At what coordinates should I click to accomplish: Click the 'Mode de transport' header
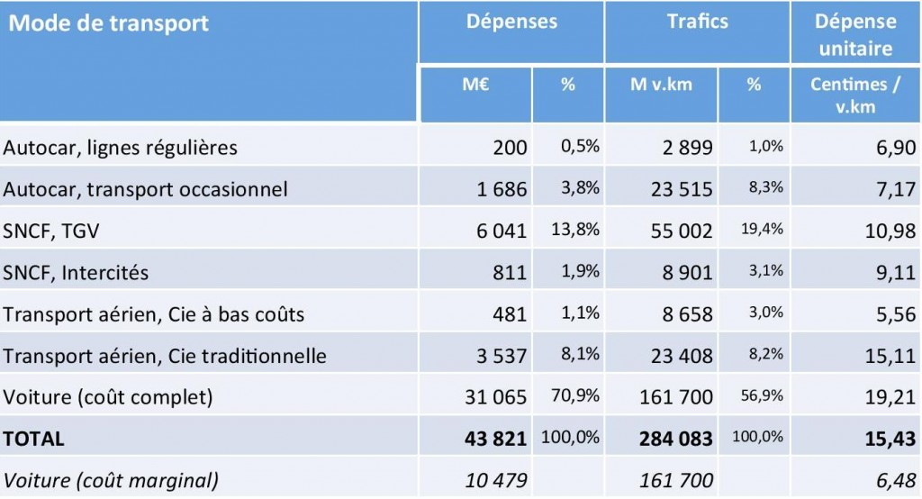click(x=109, y=23)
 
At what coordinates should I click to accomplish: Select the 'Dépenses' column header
click(x=511, y=23)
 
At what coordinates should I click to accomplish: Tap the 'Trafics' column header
click(x=698, y=23)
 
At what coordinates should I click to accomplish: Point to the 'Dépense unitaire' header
click(x=855, y=34)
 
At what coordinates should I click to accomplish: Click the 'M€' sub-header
click(x=475, y=86)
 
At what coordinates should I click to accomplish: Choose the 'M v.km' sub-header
click(x=661, y=86)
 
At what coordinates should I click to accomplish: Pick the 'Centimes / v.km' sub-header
click(x=854, y=95)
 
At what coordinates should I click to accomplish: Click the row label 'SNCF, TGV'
click(x=50, y=231)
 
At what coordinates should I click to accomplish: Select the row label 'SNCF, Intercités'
click(x=77, y=272)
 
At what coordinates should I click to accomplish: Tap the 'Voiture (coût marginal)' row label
click(x=111, y=480)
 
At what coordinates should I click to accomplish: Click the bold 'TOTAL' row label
click(x=34, y=439)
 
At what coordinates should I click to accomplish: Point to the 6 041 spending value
click(x=497, y=231)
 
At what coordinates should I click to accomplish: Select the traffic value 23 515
click(x=681, y=189)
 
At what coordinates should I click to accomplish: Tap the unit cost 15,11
click(x=889, y=356)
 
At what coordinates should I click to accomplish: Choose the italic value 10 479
click(x=497, y=480)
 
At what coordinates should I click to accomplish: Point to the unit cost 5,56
click(x=893, y=314)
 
